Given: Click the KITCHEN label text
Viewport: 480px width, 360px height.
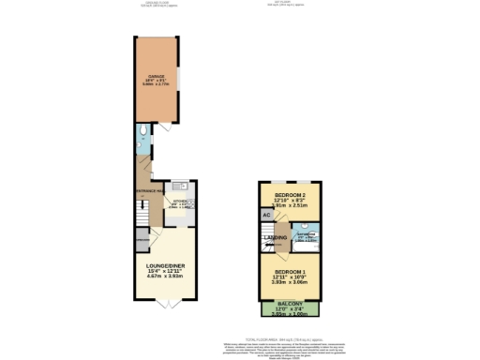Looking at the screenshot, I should click(x=180, y=200).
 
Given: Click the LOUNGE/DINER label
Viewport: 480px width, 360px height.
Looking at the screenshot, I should click(x=164, y=266).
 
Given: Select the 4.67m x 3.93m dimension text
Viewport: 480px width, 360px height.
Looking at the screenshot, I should click(x=164, y=277).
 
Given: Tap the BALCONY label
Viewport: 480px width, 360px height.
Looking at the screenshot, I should click(x=289, y=304).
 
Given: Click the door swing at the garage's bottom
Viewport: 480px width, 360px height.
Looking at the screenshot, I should click(x=164, y=126).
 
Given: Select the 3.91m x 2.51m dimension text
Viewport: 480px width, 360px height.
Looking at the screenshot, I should click(x=289, y=203).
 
